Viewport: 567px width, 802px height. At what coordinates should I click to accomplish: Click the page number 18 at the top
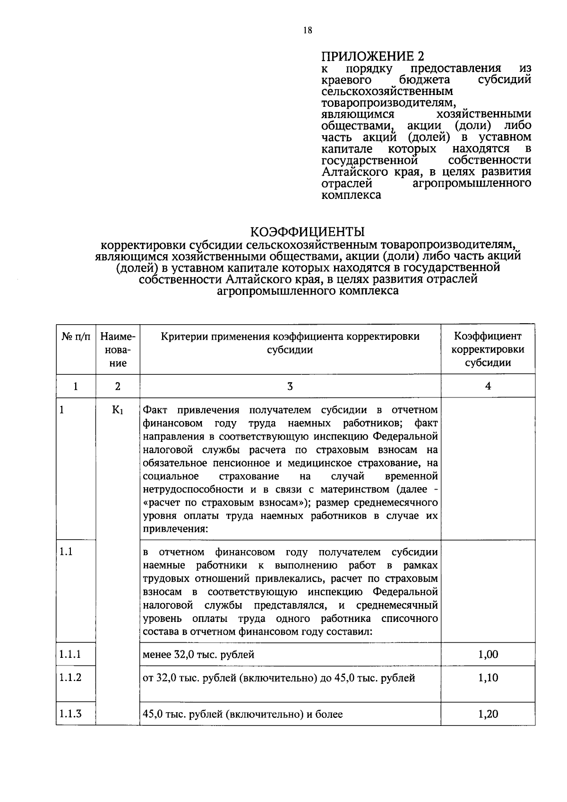click(308, 31)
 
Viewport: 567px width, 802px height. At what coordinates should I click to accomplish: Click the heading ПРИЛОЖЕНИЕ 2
click(373, 57)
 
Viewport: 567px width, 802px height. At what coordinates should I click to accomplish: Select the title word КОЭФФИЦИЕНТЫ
click(307, 232)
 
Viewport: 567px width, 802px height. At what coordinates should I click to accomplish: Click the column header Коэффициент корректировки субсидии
click(488, 349)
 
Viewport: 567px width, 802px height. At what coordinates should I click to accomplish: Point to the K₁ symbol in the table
click(117, 410)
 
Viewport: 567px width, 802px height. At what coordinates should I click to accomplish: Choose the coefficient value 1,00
click(488, 655)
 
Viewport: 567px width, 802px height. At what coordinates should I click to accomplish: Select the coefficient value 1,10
click(488, 678)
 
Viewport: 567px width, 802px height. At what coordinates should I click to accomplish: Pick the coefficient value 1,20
click(488, 714)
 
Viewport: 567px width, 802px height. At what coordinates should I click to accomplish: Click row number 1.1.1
click(70, 655)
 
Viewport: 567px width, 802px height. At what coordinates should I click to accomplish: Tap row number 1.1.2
click(70, 678)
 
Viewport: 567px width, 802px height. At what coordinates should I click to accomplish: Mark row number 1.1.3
click(70, 714)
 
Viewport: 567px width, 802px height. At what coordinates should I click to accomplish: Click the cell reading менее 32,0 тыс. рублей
click(198, 655)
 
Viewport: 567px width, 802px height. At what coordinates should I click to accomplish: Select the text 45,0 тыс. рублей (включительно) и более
click(242, 714)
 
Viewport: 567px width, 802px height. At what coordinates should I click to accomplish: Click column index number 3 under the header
click(290, 386)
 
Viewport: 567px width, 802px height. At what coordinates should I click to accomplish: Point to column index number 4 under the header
click(488, 386)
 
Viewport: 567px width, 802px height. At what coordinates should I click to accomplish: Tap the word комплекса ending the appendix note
click(351, 195)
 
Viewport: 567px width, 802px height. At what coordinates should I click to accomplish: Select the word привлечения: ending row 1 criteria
click(175, 529)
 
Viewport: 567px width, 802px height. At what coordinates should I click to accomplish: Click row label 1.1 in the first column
click(66, 552)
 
